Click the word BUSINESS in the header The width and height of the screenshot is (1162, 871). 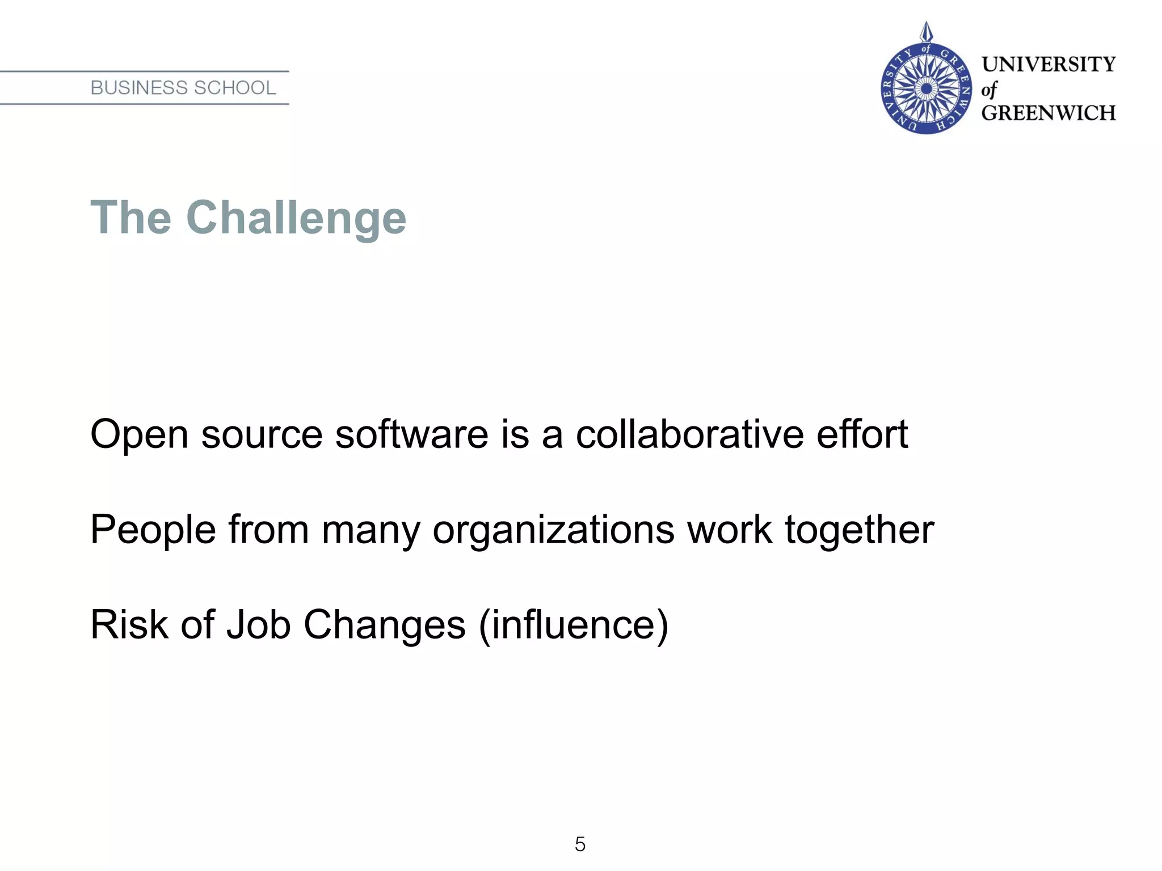click(139, 88)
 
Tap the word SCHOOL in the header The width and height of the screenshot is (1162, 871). click(234, 88)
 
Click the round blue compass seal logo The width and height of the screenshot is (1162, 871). click(926, 88)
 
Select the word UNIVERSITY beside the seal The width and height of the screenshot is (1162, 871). click(1049, 64)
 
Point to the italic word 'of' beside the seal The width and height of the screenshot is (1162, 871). click(989, 90)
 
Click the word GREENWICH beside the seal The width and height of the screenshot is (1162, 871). click(1049, 113)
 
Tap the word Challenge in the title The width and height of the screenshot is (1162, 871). click(296, 218)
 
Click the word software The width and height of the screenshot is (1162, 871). click(412, 434)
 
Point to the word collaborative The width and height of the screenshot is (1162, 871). click(689, 434)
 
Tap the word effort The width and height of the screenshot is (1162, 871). click(862, 434)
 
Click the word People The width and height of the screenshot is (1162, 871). click(153, 530)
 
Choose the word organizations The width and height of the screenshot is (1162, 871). click(554, 530)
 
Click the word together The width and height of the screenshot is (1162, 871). click(859, 530)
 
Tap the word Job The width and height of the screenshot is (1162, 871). click(259, 625)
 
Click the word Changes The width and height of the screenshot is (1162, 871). click(385, 625)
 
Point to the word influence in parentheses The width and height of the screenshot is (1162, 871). click(574, 625)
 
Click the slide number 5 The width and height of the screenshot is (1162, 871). click(580, 844)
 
